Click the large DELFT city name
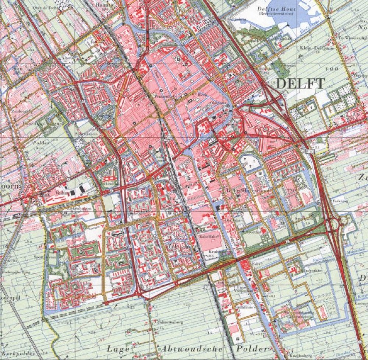300,84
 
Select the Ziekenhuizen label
75,208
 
